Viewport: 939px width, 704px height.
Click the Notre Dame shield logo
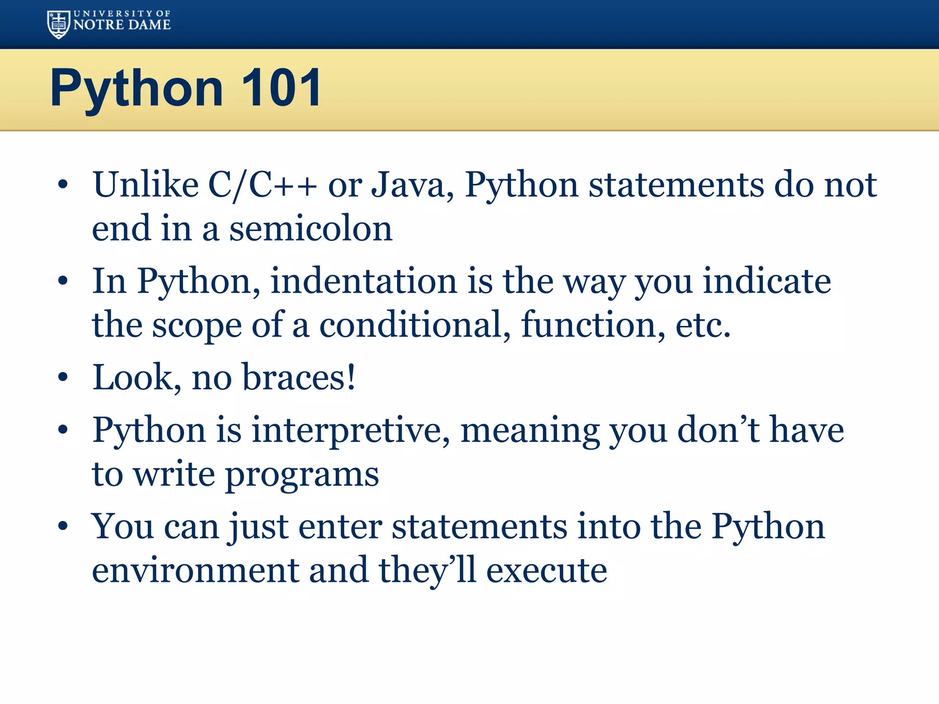pos(59,24)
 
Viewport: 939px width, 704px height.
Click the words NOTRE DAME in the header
pos(122,25)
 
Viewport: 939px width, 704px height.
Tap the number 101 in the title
pos(281,88)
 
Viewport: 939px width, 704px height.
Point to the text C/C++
pos(262,185)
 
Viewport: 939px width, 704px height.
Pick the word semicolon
pos(311,228)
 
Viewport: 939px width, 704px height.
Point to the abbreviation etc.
pos(703,324)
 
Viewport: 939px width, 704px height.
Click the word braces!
pos(298,377)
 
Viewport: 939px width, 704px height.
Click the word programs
pos(302,475)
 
